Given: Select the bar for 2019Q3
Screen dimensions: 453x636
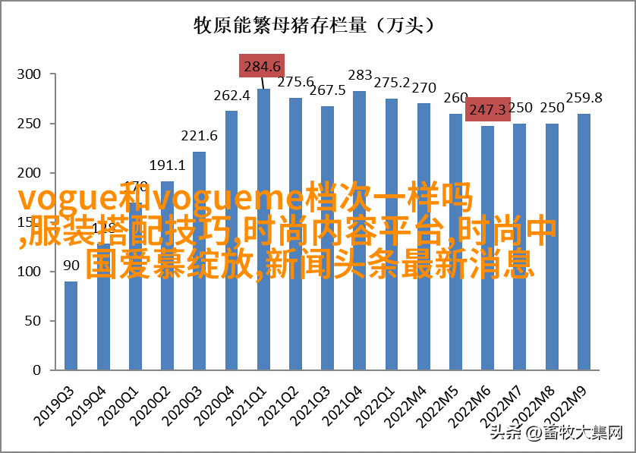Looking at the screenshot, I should pos(71,326).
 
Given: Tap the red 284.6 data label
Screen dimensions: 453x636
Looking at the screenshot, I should pos(262,66).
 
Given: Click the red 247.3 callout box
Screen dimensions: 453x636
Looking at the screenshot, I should pos(487,110).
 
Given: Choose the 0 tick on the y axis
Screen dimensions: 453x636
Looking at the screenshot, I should pos(35,371).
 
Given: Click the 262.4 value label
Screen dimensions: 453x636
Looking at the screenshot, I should pos(231,96).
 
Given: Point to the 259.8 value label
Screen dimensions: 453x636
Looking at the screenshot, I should pos(584,98).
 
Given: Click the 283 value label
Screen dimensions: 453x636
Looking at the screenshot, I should pos(360,75).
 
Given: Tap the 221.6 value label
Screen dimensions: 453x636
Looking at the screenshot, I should pos(199,136).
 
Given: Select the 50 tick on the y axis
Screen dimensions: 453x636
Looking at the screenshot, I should pos(31,322).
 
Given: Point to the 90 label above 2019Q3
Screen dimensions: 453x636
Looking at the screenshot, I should pos(71,266).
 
